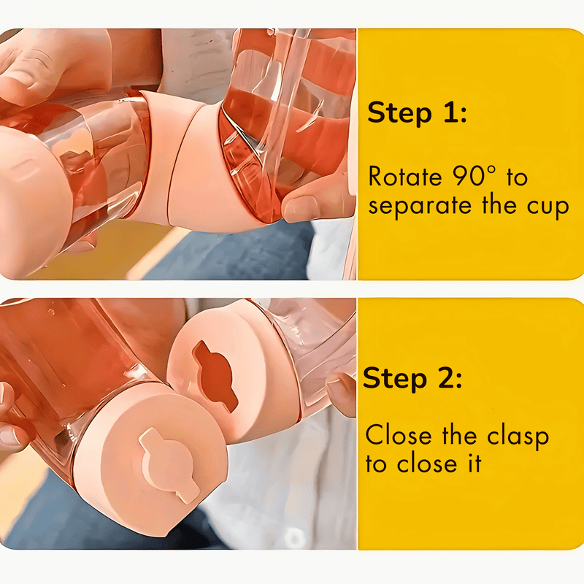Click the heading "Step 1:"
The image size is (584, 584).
(417, 112)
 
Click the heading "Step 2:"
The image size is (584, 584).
(412, 378)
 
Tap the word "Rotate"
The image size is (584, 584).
(405, 176)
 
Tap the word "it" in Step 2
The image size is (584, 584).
(476, 464)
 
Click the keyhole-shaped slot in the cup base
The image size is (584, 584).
(215, 375)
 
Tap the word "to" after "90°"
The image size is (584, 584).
(517, 177)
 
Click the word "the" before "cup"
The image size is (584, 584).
(499, 205)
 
